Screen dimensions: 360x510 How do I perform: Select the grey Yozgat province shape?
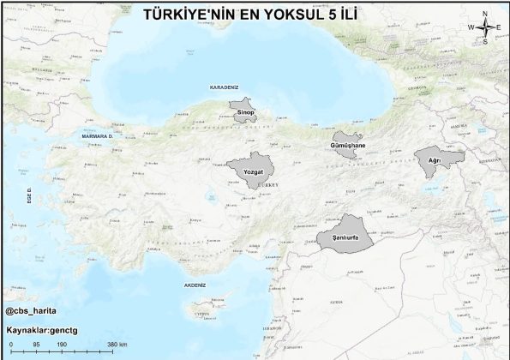252,168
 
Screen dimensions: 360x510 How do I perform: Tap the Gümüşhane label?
348,146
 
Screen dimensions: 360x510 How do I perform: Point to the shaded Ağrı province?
437,159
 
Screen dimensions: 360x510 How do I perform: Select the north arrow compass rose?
484,27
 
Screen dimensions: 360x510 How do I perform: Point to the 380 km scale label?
117,345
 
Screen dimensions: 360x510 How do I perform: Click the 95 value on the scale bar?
36,345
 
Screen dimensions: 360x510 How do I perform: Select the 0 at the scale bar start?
9,345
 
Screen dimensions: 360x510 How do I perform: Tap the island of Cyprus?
206,309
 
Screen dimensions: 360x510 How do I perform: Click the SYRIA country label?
336,302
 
